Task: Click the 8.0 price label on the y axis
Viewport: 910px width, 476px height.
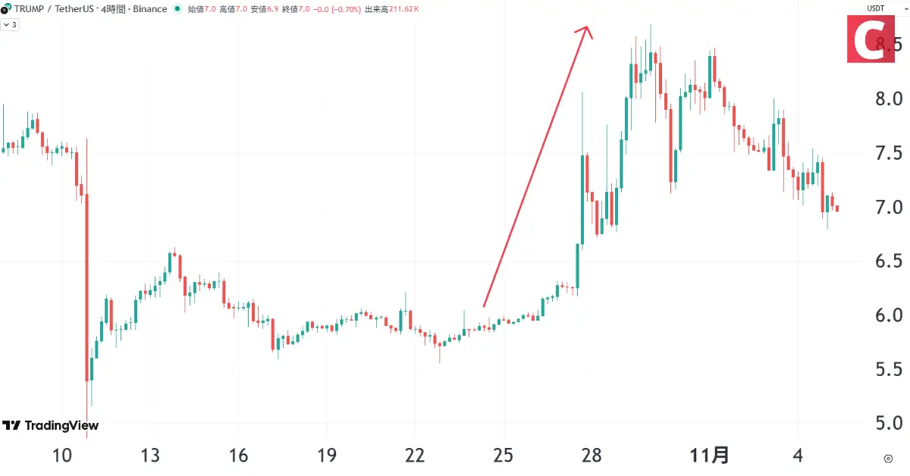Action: coord(887,99)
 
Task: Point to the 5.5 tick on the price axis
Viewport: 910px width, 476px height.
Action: coord(887,369)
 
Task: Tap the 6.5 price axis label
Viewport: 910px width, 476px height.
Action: coord(887,261)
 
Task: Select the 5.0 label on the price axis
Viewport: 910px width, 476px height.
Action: coord(887,423)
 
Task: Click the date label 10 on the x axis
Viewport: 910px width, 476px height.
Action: coord(62,456)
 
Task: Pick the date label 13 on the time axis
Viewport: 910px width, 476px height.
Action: coord(150,456)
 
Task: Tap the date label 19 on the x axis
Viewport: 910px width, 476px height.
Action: coord(327,456)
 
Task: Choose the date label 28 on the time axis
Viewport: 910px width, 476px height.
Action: coord(591,456)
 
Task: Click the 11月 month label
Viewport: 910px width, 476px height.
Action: coord(710,456)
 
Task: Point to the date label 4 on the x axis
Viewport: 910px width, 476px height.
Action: coord(797,456)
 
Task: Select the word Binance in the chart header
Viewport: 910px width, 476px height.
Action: coord(150,9)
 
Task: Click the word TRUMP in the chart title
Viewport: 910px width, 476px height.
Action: coord(30,9)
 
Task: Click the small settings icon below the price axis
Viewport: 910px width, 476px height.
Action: coord(888,459)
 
